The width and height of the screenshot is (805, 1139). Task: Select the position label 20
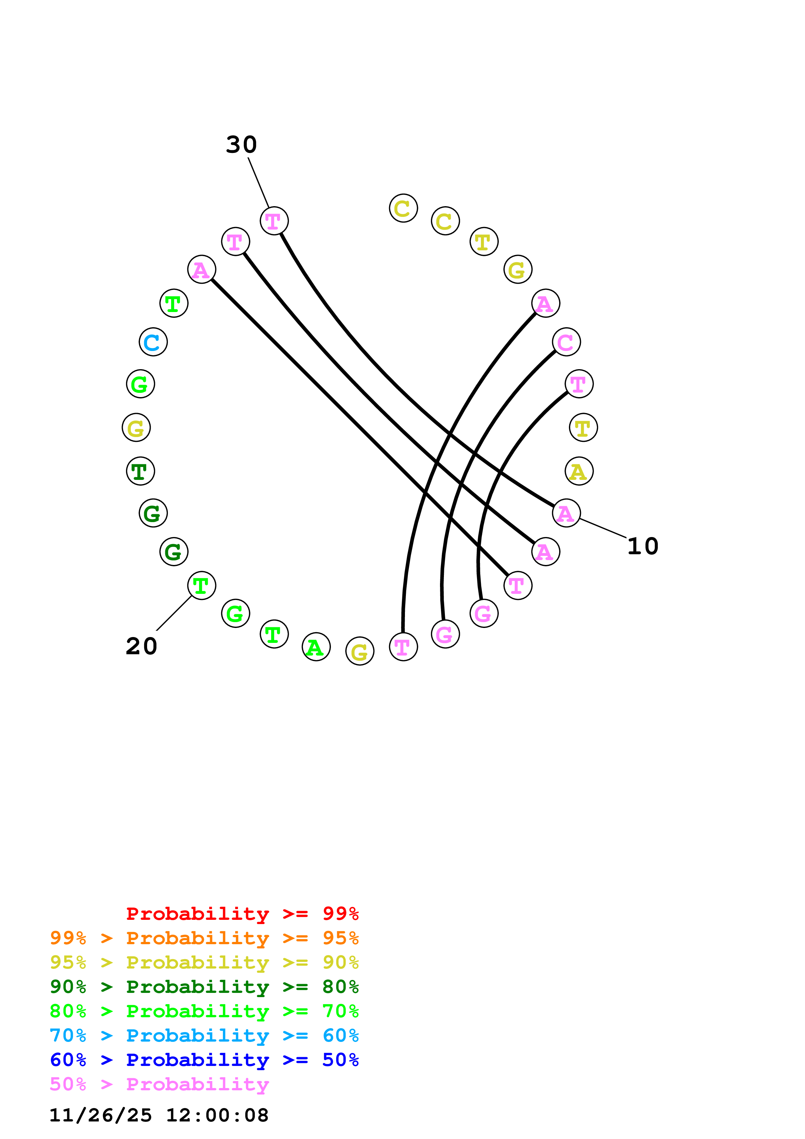pyautogui.click(x=141, y=646)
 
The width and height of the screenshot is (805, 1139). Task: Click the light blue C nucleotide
pyautogui.click(x=153, y=342)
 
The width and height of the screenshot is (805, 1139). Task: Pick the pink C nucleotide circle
pyautogui.click(x=566, y=342)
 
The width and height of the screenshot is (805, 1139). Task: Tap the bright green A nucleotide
pyautogui.click(x=316, y=647)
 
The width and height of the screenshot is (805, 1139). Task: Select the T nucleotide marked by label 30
pyautogui.click(x=274, y=221)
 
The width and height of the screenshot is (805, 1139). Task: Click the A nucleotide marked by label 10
pyautogui.click(x=566, y=513)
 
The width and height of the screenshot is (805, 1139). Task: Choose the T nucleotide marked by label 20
pyautogui.click(x=201, y=585)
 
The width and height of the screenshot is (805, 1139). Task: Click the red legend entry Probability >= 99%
pyautogui.click(x=242, y=914)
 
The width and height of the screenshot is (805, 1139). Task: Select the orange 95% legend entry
pyautogui.click(x=204, y=938)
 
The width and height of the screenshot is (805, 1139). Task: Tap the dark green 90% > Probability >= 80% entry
pyautogui.click(x=204, y=987)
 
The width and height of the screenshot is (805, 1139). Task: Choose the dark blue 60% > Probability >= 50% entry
pyautogui.click(x=204, y=1060)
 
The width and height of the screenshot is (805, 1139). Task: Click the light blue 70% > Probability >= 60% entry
pyautogui.click(x=204, y=1035)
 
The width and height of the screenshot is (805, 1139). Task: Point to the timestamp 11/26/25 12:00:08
pyautogui.click(x=159, y=1115)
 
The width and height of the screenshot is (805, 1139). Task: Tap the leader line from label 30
pyautogui.click(x=258, y=182)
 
